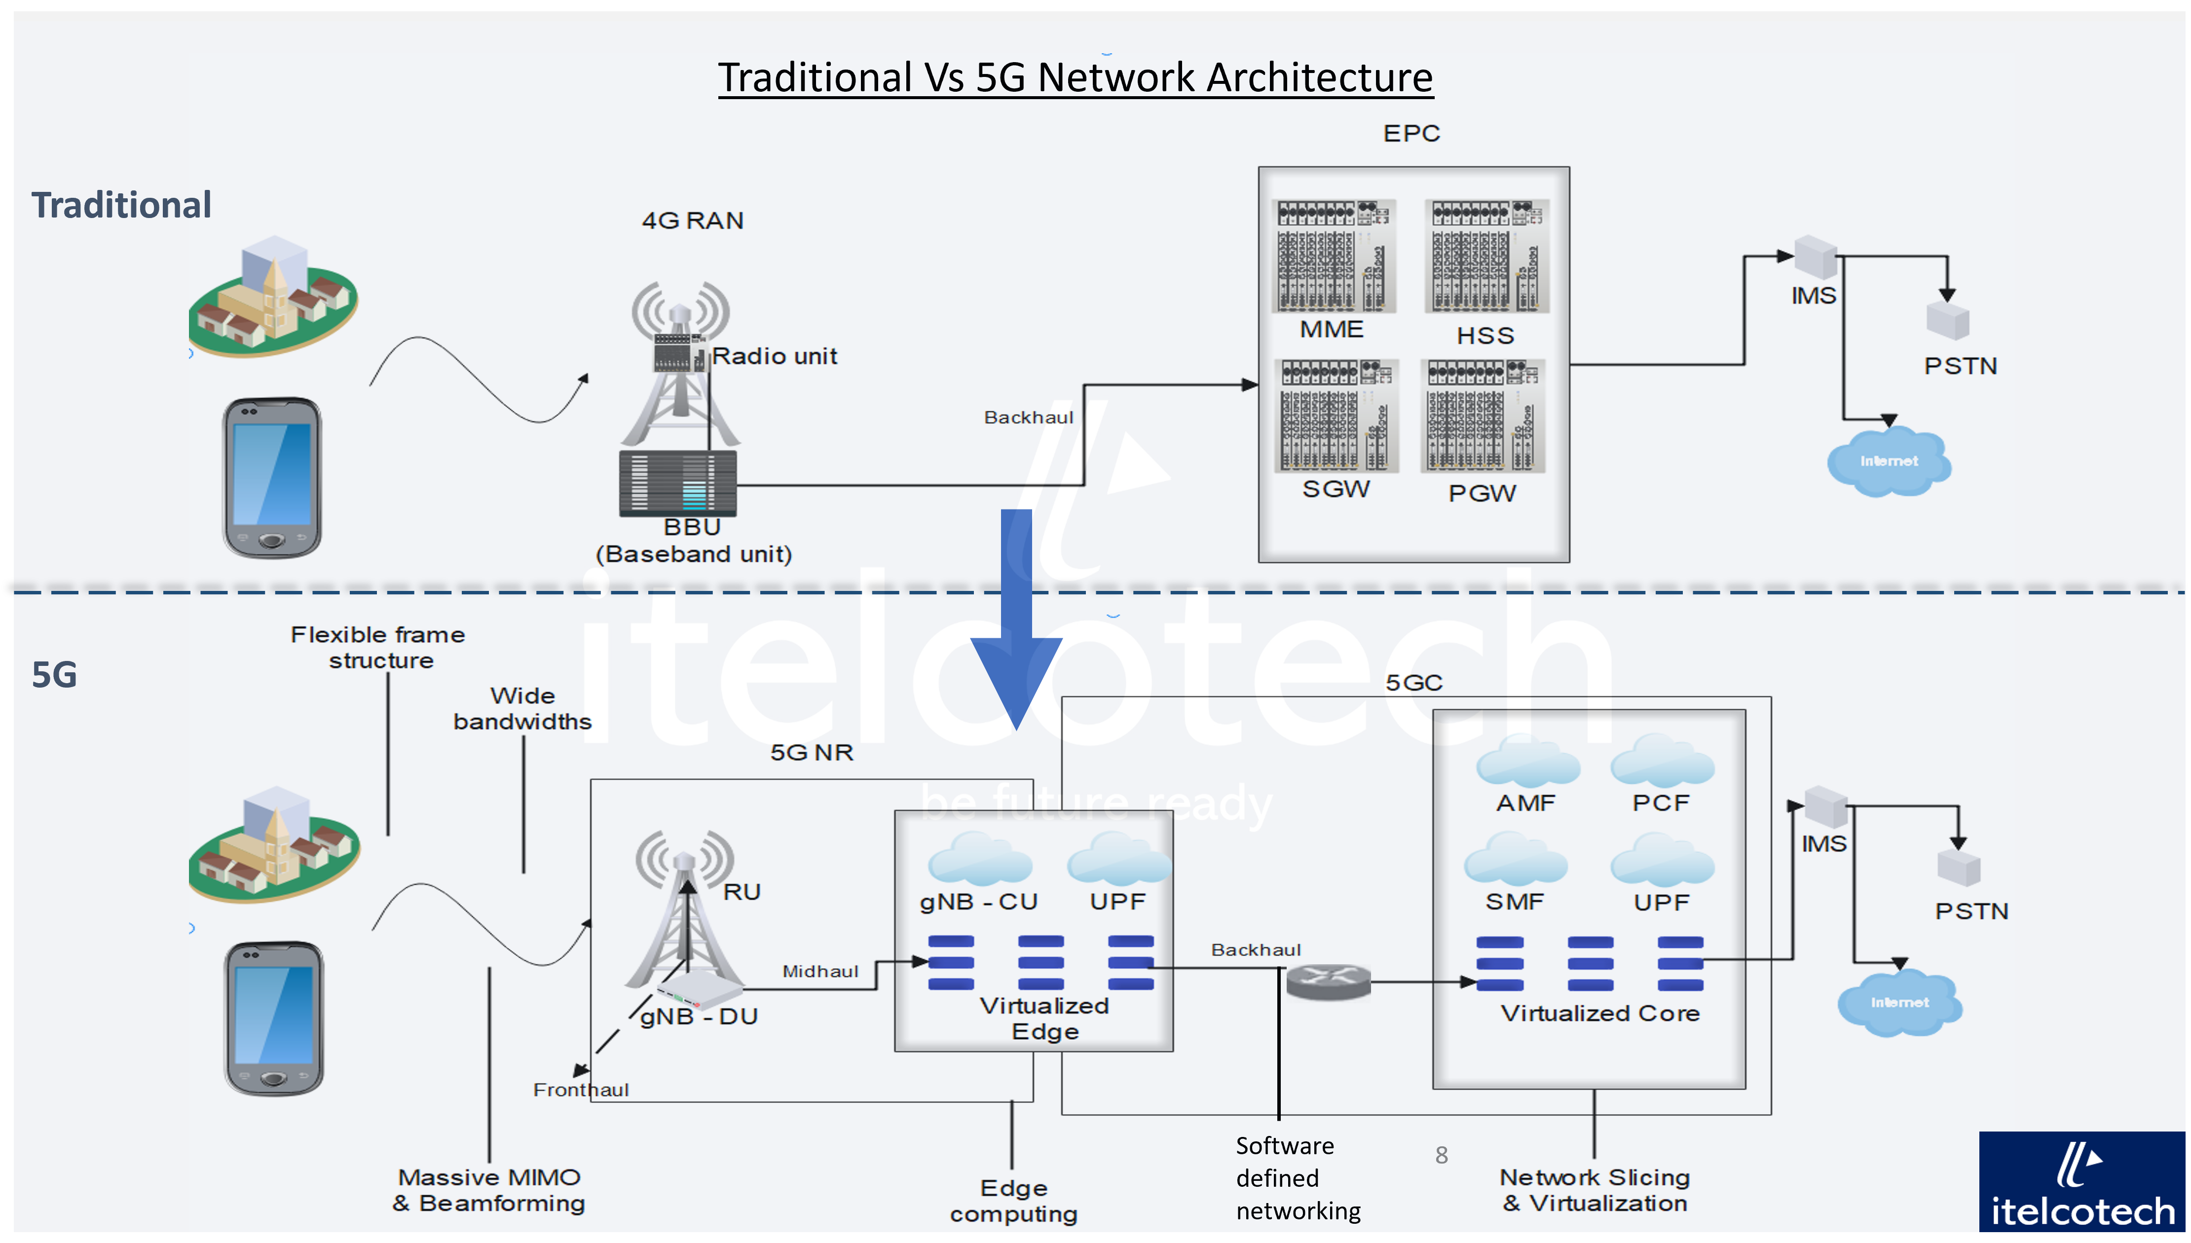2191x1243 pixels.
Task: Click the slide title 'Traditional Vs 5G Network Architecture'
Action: tap(1075, 78)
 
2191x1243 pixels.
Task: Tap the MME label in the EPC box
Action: tap(1331, 329)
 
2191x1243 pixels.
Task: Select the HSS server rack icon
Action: tap(1486, 256)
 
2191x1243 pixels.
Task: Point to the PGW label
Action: tap(1483, 493)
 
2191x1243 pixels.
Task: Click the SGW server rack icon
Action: tap(1337, 416)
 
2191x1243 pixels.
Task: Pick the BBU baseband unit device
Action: tap(678, 483)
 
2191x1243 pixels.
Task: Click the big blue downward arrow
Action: tap(1016, 619)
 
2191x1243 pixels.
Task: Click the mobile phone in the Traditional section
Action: tap(272, 477)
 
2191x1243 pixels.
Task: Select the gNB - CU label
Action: tap(978, 902)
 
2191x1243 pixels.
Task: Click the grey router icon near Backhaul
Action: tap(1329, 981)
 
